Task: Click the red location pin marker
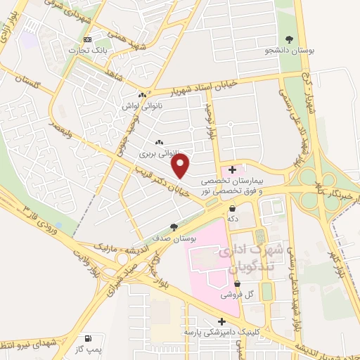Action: (x=181, y=166)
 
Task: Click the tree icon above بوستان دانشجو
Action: (x=288, y=39)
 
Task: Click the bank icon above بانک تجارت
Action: (x=87, y=39)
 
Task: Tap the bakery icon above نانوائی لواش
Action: (x=142, y=95)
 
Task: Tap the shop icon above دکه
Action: (x=232, y=207)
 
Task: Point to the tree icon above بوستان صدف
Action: (x=174, y=226)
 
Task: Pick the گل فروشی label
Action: (x=238, y=295)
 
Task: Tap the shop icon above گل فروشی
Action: (x=238, y=283)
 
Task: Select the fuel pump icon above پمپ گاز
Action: (x=88, y=338)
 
